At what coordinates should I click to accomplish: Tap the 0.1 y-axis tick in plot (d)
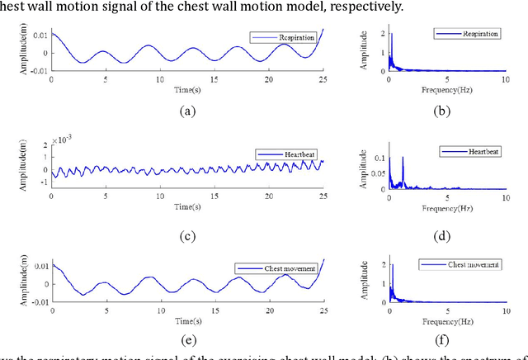pyautogui.click(x=372, y=157)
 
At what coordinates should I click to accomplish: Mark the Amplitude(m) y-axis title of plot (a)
pyautogui.click(x=33, y=52)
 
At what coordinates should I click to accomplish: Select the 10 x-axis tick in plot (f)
pyautogui.click(x=505, y=310)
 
